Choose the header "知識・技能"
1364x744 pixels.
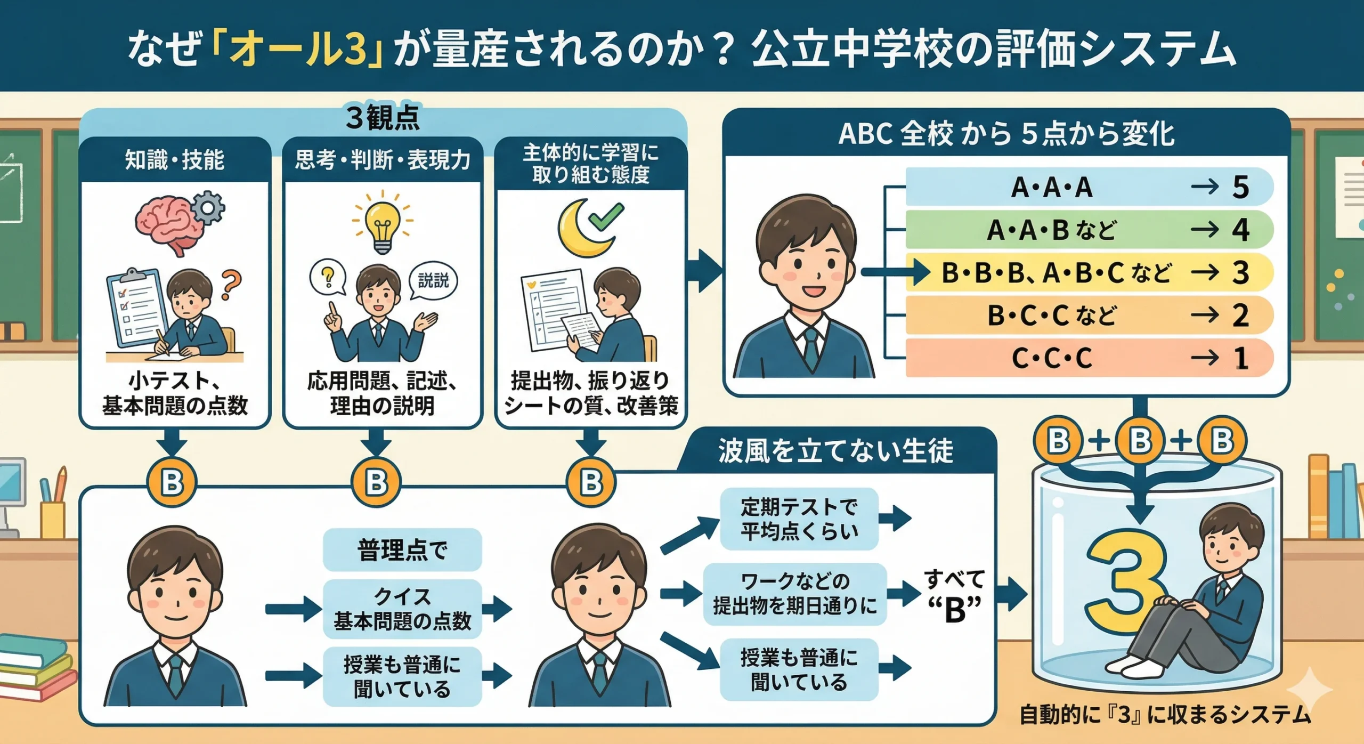[174, 160]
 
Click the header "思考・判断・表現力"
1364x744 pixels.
[382, 160]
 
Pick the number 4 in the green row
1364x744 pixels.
[1240, 230]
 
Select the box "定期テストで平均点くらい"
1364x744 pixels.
[799, 519]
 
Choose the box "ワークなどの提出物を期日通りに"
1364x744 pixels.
[794, 593]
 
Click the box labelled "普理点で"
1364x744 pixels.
[402, 549]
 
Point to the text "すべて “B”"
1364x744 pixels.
[954, 595]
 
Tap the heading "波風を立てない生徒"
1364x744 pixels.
[835, 451]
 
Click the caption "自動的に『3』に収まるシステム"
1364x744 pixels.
[1165, 715]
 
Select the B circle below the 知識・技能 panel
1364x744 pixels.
[172, 483]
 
